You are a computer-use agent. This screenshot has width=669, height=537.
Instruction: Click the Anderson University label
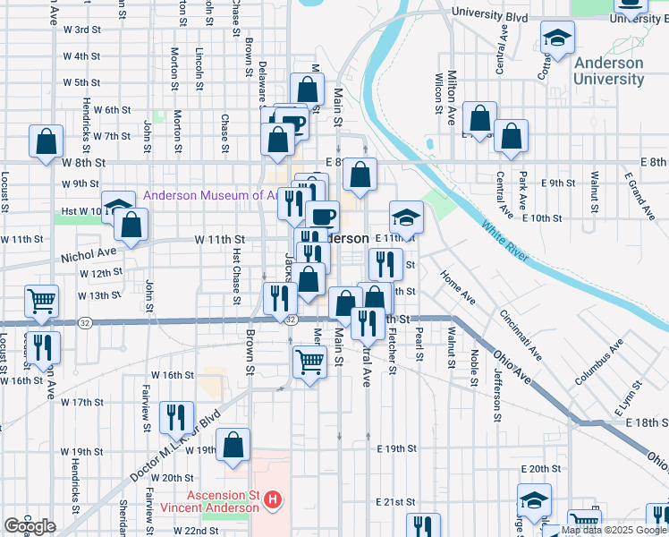[x=608, y=71]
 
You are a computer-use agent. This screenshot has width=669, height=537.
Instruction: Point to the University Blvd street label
[x=490, y=13]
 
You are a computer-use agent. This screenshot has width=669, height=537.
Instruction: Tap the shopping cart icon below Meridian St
[x=309, y=362]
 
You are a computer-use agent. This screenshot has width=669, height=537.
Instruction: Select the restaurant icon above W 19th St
[x=176, y=417]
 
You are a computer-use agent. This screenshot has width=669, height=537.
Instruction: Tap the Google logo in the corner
[x=30, y=527]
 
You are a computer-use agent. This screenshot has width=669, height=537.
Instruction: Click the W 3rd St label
[x=81, y=30]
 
